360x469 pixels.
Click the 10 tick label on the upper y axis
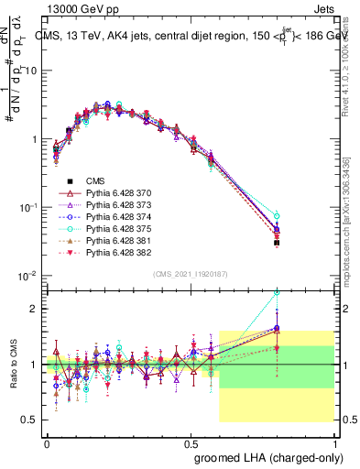(29, 71)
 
